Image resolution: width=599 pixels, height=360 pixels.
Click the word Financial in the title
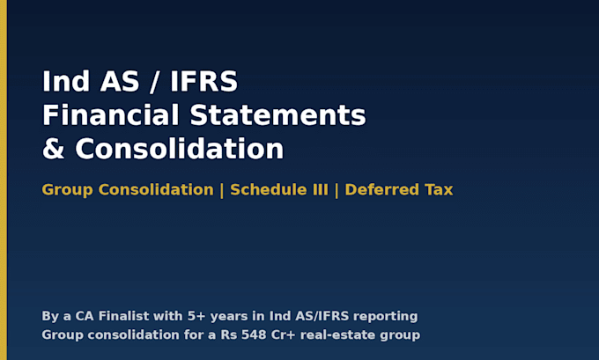pos(111,115)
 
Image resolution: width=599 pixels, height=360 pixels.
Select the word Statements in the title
pos(278,115)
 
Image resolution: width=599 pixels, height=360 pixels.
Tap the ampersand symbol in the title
pos(53,149)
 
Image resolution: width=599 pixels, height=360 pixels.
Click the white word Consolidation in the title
pos(180,149)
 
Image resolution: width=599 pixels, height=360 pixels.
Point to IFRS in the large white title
pos(203,81)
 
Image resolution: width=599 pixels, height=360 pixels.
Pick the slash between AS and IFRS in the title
pos(154,81)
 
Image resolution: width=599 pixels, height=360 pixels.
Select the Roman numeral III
pos(321,190)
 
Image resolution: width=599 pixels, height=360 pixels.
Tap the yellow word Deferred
pos(382,190)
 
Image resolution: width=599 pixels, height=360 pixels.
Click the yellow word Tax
pos(439,190)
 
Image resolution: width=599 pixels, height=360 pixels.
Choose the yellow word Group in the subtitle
pos(67,190)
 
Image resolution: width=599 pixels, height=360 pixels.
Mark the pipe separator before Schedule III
pos(222,190)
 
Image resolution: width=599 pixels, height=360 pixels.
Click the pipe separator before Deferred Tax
pos(336,190)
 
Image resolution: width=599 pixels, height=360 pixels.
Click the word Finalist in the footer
pos(124,316)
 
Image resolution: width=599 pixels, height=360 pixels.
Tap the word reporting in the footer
pos(386,317)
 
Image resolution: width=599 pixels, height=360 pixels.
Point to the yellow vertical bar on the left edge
pos(4,180)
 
